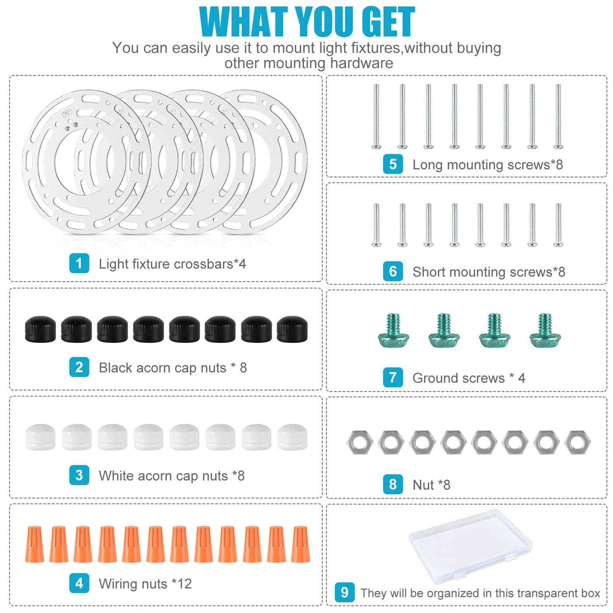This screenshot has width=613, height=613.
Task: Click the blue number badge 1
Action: (x=79, y=263)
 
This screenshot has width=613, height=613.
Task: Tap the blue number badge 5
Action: (x=393, y=164)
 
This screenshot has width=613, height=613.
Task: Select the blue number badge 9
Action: (x=345, y=592)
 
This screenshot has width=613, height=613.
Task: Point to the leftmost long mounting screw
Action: (x=376, y=116)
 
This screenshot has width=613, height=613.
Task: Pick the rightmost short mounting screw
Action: (x=558, y=225)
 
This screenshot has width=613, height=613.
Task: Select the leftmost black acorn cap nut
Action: (x=40, y=329)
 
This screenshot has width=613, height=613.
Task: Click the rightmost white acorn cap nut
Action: (x=292, y=437)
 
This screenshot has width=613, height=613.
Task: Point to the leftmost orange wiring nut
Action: (x=35, y=544)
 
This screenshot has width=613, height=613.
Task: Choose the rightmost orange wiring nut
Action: (x=300, y=544)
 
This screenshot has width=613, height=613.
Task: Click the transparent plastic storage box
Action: (x=470, y=546)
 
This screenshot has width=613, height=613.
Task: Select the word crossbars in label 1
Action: (x=203, y=264)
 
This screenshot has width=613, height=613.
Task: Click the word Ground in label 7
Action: (x=458, y=378)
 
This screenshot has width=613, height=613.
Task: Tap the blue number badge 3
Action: (x=79, y=475)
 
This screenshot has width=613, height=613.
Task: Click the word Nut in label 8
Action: (x=423, y=485)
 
